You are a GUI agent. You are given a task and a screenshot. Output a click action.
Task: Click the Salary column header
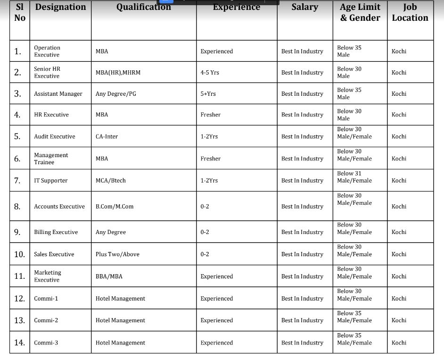[x=304, y=7]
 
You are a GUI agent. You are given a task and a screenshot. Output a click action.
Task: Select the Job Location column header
[x=410, y=13]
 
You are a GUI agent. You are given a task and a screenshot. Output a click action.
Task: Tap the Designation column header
[x=60, y=7]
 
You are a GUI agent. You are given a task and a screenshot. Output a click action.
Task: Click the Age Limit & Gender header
[x=360, y=13]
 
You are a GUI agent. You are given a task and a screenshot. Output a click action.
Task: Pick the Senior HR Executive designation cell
[x=47, y=72]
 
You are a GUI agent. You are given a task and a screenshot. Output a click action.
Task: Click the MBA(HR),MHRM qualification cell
[x=118, y=73]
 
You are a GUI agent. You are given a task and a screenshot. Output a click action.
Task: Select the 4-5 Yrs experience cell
[x=210, y=73]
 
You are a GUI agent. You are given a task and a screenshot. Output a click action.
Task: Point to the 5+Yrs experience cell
[x=208, y=94]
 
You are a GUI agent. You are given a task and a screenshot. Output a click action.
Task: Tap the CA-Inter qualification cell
[x=107, y=137]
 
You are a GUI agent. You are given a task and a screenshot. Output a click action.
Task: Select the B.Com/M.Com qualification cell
[x=115, y=207]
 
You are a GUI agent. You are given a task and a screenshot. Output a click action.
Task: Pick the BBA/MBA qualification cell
[x=109, y=276]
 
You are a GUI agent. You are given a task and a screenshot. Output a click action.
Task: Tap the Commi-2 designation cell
[x=46, y=320]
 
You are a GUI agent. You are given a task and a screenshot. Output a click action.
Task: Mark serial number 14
[x=19, y=343]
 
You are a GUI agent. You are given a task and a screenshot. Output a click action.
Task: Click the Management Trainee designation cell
[x=51, y=159]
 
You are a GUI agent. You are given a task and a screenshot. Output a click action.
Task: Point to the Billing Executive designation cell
[x=56, y=232]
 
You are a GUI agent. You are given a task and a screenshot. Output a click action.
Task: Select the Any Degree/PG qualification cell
[x=115, y=94]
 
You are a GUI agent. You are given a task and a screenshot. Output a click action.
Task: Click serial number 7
[x=17, y=181]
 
